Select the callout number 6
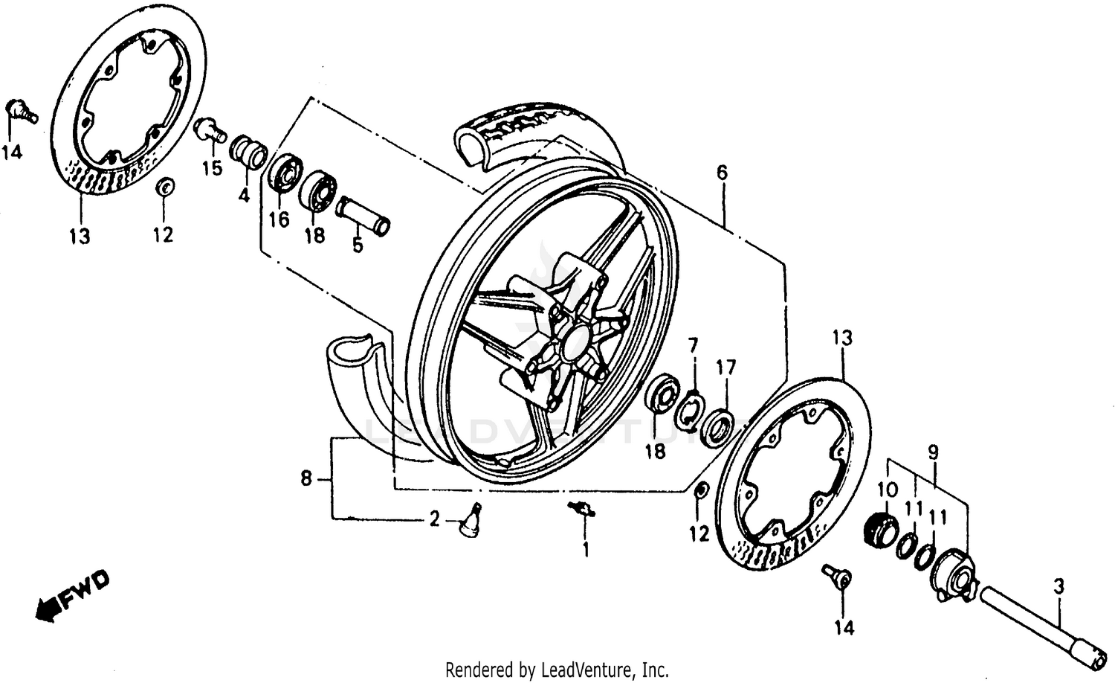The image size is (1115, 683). [722, 173]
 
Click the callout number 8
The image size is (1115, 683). [306, 479]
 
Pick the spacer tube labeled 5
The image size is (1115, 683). [363, 215]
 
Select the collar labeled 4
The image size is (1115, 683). [250, 151]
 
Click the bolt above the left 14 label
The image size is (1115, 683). [21, 111]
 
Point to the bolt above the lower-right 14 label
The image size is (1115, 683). [837, 576]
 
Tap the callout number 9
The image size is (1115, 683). [933, 451]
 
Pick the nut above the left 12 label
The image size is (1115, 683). [165, 186]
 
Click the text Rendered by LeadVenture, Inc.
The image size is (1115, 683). [557, 669]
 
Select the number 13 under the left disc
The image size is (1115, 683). [80, 237]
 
